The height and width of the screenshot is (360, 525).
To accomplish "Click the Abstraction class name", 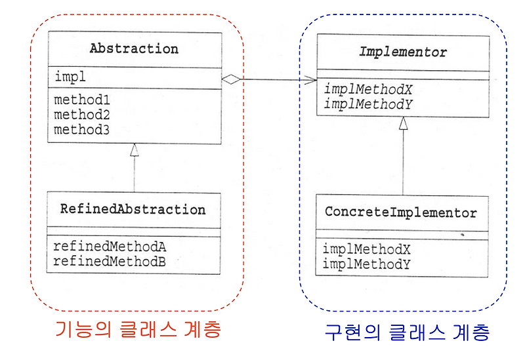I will (134, 49).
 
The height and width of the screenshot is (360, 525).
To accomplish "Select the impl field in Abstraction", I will (67, 77).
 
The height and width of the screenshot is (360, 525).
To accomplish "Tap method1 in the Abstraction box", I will (81, 102).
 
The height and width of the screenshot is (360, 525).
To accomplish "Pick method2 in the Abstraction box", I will (81, 115).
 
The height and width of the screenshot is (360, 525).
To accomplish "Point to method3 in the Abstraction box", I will (81, 129).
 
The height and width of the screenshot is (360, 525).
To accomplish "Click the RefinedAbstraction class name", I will (133, 210).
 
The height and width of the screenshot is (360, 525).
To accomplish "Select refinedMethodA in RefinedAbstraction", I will (110, 247).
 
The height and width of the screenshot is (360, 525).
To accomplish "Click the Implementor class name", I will (403, 52).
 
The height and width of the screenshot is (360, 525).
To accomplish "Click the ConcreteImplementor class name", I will (401, 213).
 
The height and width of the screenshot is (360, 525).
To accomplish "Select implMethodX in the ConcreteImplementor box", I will (367, 250).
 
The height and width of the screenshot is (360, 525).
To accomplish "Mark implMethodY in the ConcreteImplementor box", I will (367, 264).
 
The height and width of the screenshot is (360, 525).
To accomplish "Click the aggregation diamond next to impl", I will (230, 79).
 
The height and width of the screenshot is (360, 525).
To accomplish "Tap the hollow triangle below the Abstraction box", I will (134, 150).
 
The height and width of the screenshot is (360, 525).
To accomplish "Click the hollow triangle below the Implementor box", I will (404, 123).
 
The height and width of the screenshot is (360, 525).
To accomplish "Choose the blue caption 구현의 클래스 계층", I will (407, 332).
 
